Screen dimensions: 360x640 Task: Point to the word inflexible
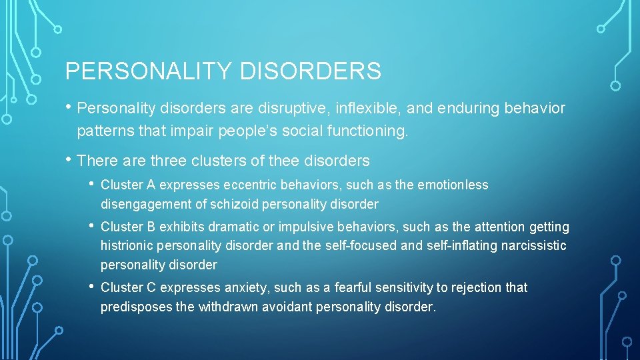(x=370, y=108)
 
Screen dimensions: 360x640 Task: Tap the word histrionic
(x=128, y=246)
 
